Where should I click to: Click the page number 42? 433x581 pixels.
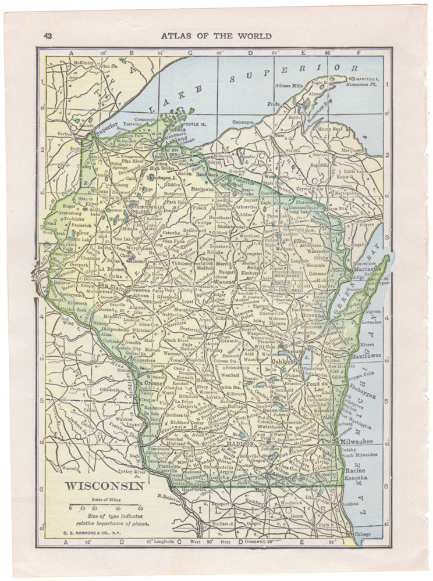(x=48, y=36)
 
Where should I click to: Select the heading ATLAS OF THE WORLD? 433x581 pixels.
(x=216, y=36)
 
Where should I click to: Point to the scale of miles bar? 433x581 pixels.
(x=101, y=505)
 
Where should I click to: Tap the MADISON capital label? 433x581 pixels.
(x=240, y=443)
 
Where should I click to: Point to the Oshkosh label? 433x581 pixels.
(x=285, y=361)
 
